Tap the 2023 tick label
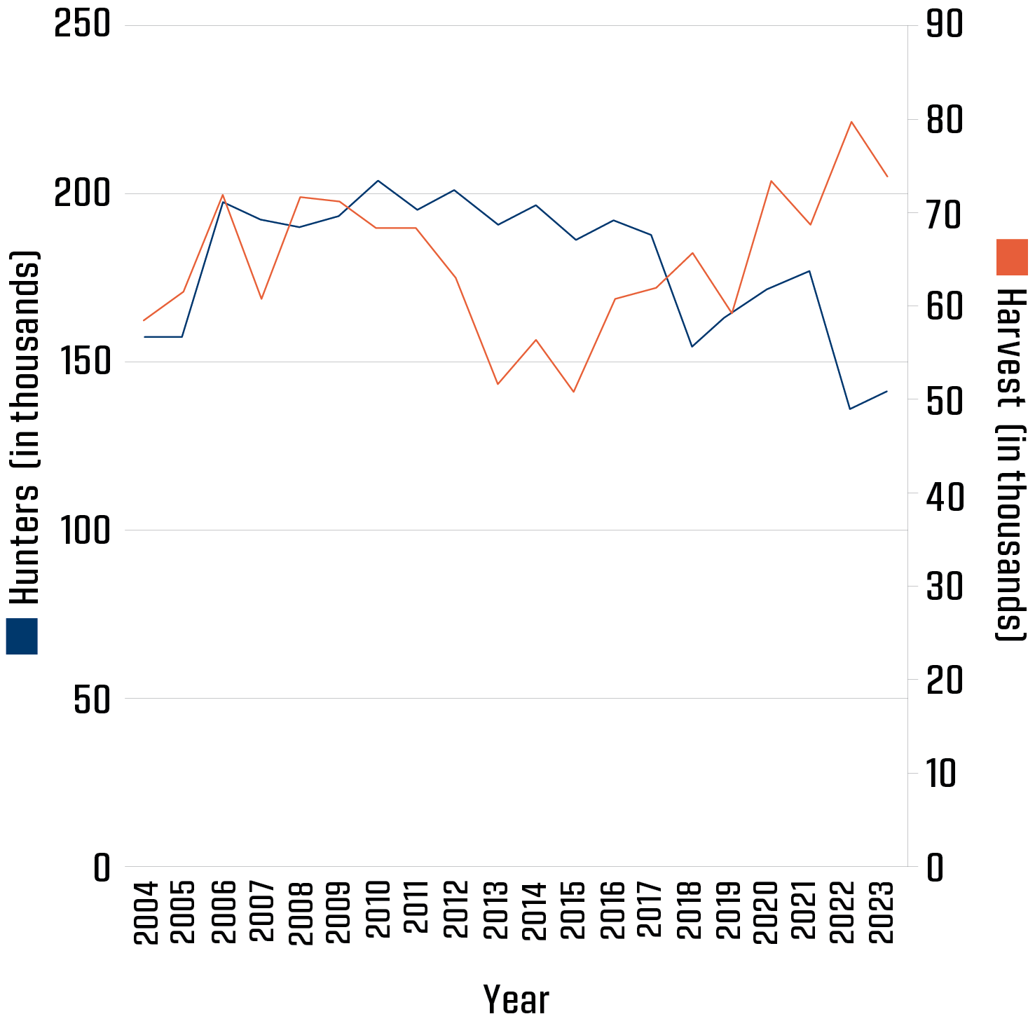886,912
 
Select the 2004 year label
145,912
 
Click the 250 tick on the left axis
83,26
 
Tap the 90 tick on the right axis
945,26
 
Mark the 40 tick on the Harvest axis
945,493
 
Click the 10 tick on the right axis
941,774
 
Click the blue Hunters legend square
22,636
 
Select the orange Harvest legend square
1012,257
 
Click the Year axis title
516,999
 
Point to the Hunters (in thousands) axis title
25,427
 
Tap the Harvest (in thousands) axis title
1012,462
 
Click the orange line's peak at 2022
851,122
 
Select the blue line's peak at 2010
378,181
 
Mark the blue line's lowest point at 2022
850,409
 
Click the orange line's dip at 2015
573,392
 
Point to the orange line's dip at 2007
261,299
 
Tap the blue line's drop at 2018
692,346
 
